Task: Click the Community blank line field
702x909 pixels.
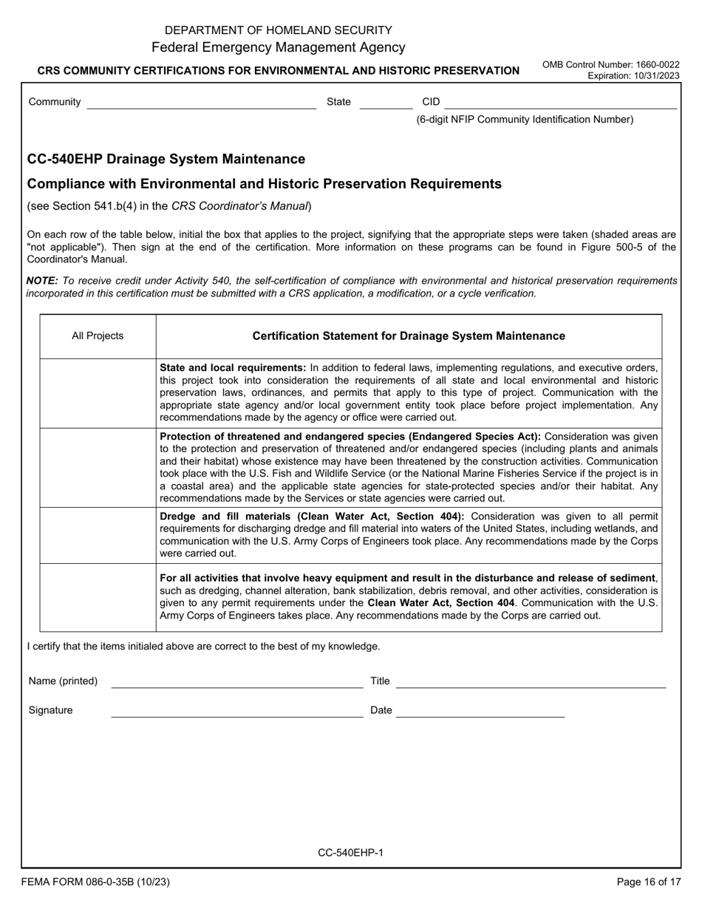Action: click(x=201, y=103)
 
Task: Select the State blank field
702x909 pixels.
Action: click(x=385, y=103)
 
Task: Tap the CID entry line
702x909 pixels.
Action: click(x=560, y=103)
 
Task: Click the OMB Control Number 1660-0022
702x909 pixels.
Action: click(x=610, y=65)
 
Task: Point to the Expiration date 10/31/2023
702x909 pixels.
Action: click(x=633, y=76)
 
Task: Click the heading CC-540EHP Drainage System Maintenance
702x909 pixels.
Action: click(x=166, y=159)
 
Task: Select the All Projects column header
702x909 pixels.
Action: click(x=98, y=336)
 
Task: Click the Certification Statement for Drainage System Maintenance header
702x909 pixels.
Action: click(x=409, y=336)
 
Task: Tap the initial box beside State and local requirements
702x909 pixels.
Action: click(x=98, y=392)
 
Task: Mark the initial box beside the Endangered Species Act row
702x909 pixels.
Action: click(x=98, y=467)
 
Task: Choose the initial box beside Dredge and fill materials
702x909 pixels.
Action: click(x=98, y=535)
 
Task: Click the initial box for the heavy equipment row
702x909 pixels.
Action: click(x=98, y=597)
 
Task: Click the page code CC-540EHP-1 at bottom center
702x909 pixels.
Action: click(x=350, y=853)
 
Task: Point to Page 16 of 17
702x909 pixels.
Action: click(x=648, y=882)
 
